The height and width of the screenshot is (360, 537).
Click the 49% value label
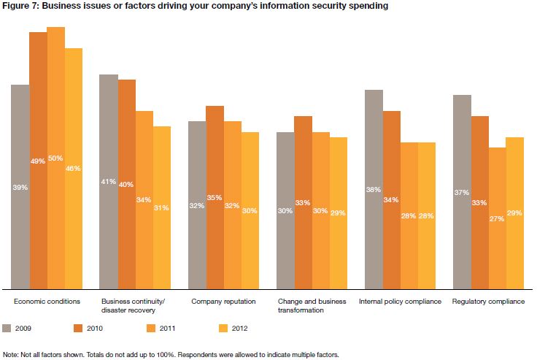(x=38, y=161)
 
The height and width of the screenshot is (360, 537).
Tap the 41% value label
(x=109, y=182)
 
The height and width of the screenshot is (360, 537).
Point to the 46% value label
(x=74, y=169)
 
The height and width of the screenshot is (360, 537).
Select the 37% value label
(x=462, y=193)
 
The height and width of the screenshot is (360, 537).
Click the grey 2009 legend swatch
(x=8, y=328)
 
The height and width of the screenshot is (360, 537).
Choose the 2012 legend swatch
(x=225, y=328)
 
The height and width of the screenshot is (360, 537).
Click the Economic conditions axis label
(x=47, y=301)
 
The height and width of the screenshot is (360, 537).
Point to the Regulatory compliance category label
(x=488, y=301)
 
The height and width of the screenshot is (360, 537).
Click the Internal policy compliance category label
(x=400, y=301)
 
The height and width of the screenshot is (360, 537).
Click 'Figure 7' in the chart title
(x=20, y=6)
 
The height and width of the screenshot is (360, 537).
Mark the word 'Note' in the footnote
(x=10, y=354)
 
